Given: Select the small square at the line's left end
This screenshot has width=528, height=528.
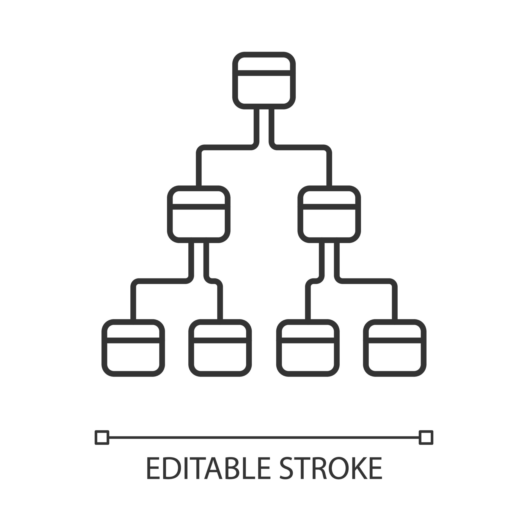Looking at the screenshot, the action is (102, 437).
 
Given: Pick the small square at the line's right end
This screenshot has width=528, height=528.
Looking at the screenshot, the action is (426, 437).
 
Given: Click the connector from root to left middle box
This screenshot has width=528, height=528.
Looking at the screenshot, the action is (226, 147).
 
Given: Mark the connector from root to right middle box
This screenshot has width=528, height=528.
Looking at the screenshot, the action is (302, 147).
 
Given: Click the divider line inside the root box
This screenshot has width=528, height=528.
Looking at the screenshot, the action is (264, 73).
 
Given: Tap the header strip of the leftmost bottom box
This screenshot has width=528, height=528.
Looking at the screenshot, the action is (133, 332).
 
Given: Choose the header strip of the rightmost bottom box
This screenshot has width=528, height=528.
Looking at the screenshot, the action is (395, 332).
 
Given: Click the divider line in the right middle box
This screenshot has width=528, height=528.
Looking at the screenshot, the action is (329, 207).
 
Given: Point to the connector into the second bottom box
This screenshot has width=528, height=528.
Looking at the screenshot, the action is (220, 302).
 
